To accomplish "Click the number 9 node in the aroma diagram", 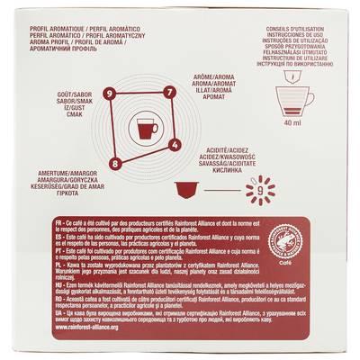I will [109, 94].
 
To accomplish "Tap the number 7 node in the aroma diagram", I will [168, 92].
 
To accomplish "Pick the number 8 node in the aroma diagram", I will [114, 164].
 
